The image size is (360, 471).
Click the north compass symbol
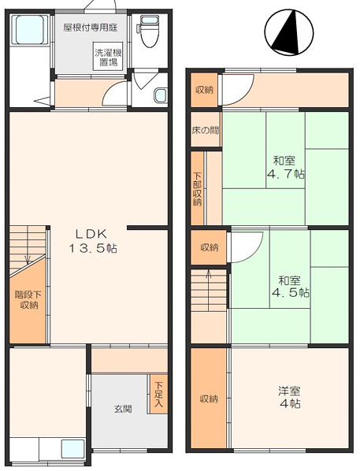(289, 32)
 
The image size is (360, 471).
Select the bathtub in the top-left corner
(29, 29)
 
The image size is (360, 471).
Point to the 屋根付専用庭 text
(91, 28)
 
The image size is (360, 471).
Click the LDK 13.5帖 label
(92, 241)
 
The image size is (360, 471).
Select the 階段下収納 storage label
(28, 300)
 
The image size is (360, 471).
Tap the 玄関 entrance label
(123, 409)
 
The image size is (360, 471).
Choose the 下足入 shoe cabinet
(158, 394)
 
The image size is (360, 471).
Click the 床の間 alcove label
(206, 131)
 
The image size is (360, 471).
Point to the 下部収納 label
(197, 189)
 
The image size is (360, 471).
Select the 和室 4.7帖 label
(285, 167)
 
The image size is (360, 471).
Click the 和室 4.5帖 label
(290, 287)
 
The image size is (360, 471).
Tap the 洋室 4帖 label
(289, 397)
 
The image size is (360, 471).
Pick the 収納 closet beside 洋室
(209, 399)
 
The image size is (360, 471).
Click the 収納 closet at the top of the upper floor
(204, 90)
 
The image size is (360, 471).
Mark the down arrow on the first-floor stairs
(28, 259)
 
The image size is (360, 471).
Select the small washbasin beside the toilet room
(161, 96)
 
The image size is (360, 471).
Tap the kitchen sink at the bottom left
(72, 449)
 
